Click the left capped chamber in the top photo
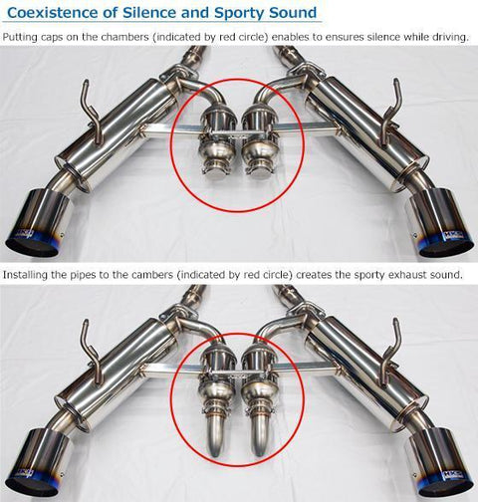tap(218, 149)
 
